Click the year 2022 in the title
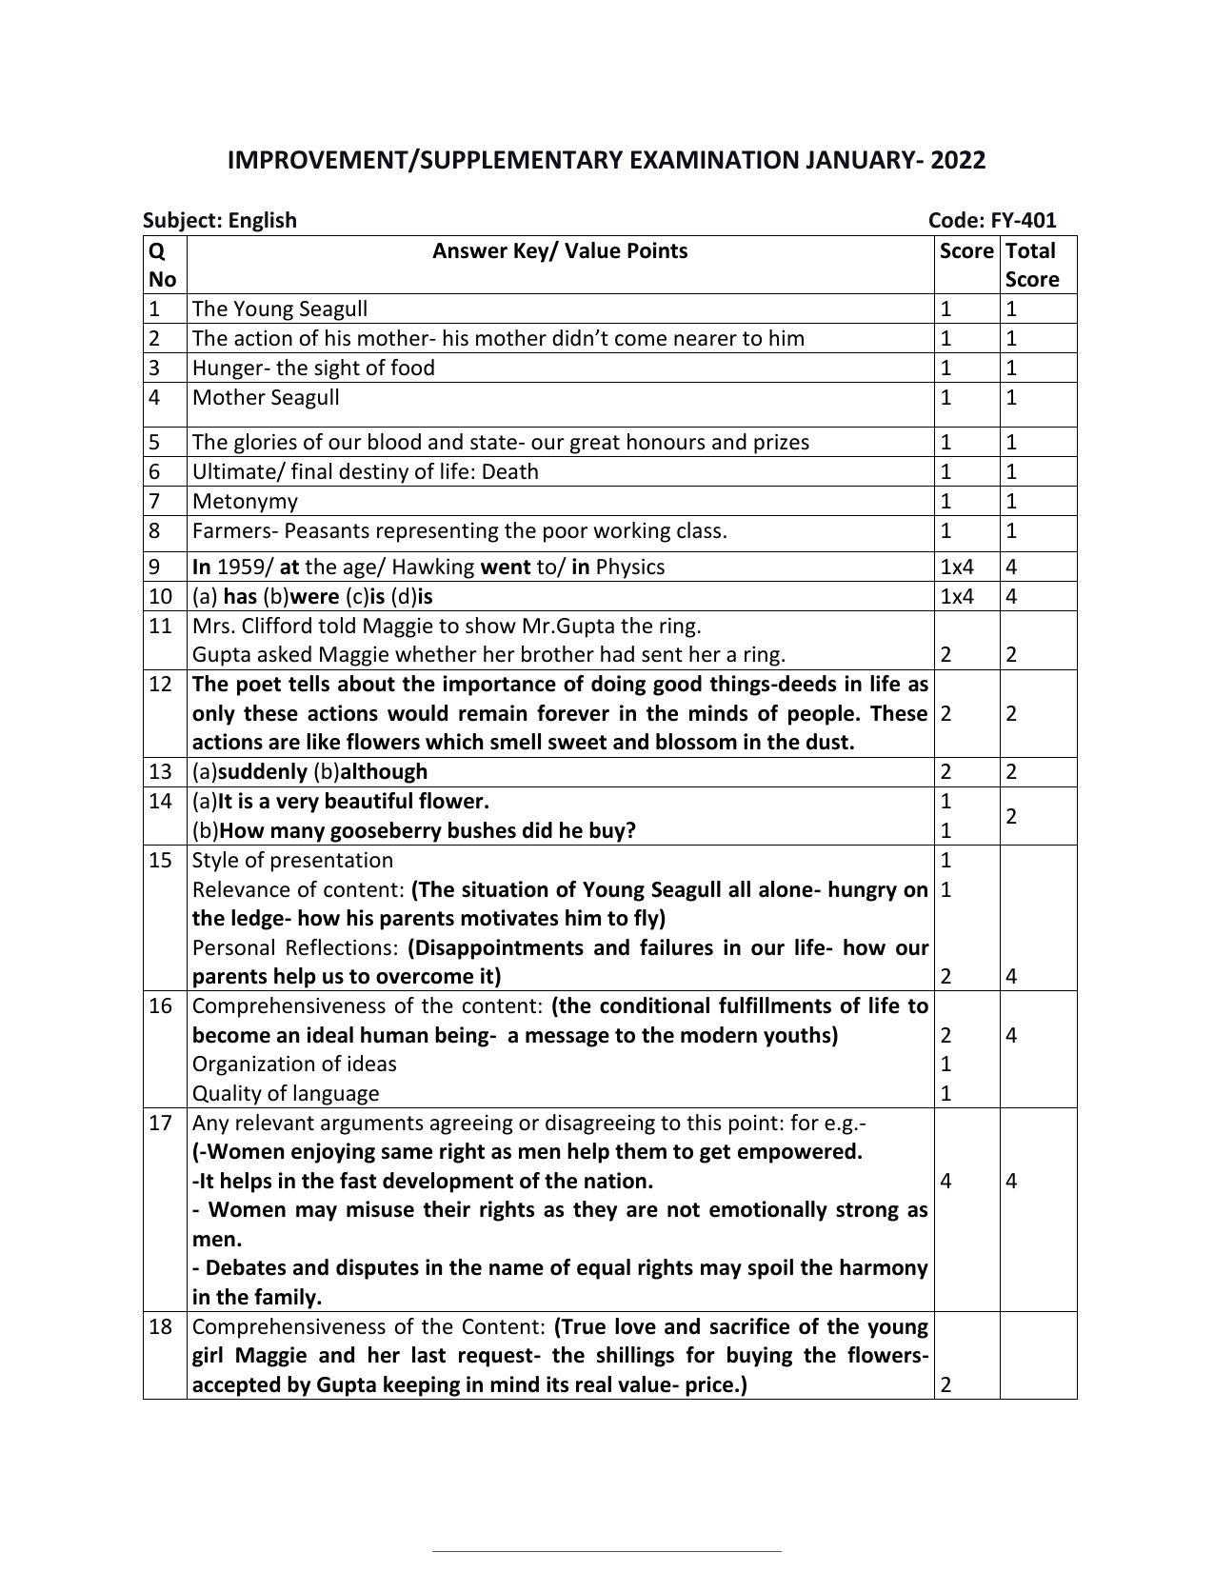958,160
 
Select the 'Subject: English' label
220,220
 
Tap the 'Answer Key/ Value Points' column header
560,250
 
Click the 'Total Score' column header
1031,265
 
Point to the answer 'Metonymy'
245,501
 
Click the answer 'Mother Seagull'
266,397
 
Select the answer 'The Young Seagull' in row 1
280,308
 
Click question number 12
160,684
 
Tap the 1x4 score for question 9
957,567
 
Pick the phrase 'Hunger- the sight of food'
313,368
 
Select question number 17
160,1123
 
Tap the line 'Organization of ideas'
294,1064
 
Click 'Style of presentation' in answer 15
292,860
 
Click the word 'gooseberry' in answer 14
379,830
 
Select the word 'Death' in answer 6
511,471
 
